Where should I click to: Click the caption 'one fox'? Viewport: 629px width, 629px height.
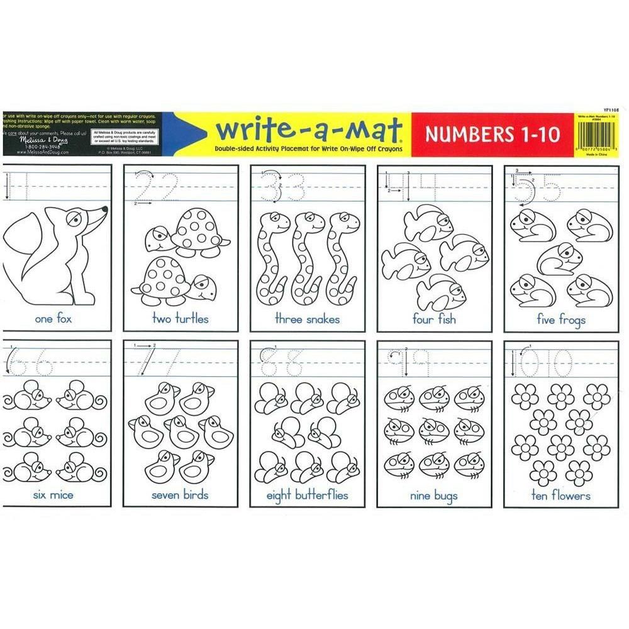(x=53, y=319)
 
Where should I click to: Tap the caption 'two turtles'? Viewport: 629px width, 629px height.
(x=181, y=319)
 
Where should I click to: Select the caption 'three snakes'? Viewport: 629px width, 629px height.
(x=307, y=319)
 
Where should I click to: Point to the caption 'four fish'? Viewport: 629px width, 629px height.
(x=433, y=319)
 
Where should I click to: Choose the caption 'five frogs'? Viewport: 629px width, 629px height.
(x=561, y=320)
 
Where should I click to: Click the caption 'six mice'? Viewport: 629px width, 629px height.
(x=53, y=495)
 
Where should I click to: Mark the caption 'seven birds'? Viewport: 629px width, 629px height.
(x=181, y=495)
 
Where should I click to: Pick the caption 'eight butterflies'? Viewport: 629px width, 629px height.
(x=307, y=496)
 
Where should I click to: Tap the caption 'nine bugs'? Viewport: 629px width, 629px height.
(x=433, y=496)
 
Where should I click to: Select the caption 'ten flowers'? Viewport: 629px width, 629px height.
(x=560, y=496)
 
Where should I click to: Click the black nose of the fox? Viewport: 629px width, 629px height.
(x=104, y=209)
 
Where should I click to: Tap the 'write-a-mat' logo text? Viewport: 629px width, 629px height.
(x=308, y=130)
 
